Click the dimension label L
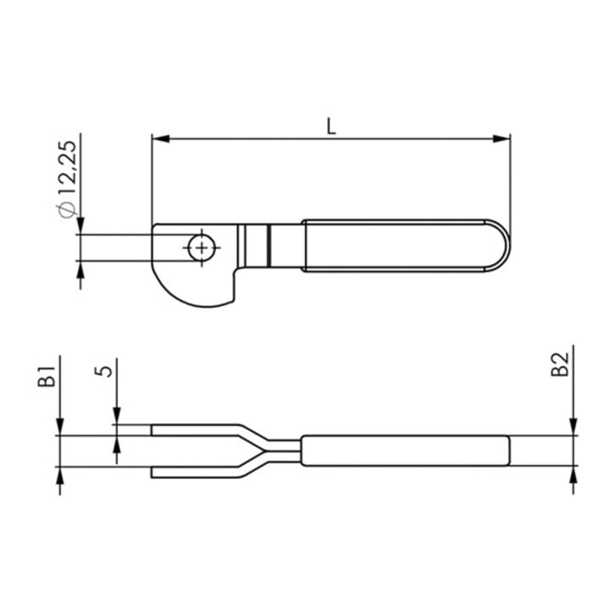[330, 126]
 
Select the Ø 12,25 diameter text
[67, 180]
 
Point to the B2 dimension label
[560, 364]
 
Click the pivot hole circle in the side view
[202, 247]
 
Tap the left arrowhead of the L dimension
[161, 139]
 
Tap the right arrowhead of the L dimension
[501, 139]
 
